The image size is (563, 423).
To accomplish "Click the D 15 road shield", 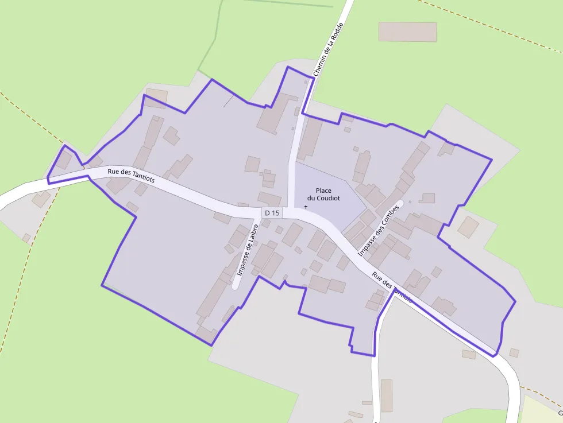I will [x=272, y=213].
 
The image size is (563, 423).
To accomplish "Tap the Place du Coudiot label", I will [x=323, y=194].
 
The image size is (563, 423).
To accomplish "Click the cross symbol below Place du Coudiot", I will [x=306, y=207].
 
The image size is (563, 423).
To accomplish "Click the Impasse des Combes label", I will [x=377, y=231].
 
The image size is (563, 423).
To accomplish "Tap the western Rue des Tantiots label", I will [x=131, y=175].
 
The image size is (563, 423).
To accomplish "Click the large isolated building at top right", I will [x=407, y=32].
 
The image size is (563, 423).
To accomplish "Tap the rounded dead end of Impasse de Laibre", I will [x=235, y=285].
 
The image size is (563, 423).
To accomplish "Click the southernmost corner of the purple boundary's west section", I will [x=211, y=345].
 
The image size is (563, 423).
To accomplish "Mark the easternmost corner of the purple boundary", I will [x=515, y=301].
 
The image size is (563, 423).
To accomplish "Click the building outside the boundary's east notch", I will [x=468, y=227].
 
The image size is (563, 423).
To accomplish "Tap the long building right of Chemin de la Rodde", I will [x=310, y=138].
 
